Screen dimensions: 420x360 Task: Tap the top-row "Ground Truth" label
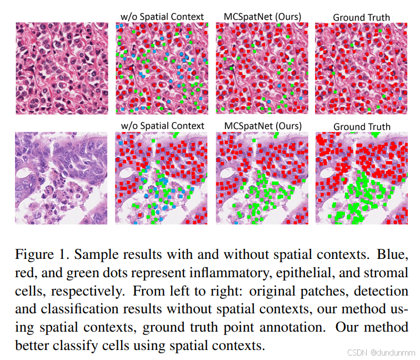[361, 17]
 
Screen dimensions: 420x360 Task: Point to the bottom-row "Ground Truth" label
[362, 127]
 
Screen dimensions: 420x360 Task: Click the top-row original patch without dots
[62, 68]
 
